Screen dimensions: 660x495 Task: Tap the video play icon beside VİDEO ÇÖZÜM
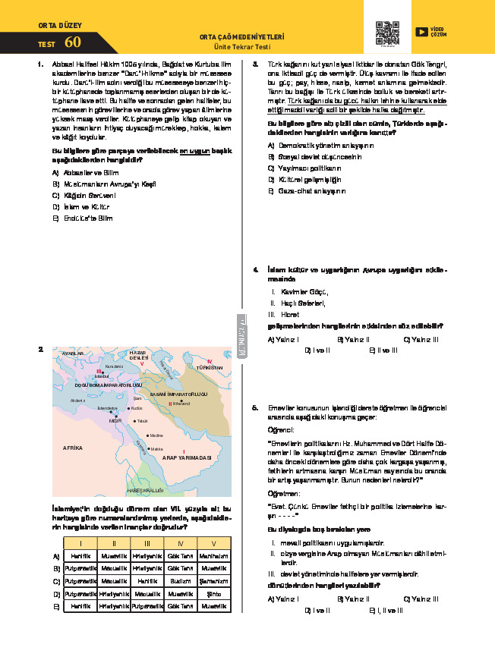[x=421, y=32]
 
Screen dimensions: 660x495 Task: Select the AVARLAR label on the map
[x=72, y=354]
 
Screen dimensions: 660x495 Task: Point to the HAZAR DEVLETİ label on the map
[x=138, y=356]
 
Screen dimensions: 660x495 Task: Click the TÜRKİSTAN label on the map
[x=209, y=366]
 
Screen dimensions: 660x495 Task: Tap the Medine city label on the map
[x=156, y=435]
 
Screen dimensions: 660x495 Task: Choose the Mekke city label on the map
[x=156, y=449]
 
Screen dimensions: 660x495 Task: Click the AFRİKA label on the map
[x=73, y=448]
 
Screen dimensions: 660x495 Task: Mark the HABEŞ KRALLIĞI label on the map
[x=144, y=491]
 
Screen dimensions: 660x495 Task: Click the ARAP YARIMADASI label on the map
[x=187, y=458]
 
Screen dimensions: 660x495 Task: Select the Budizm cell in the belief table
[x=180, y=580]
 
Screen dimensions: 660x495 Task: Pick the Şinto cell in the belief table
[x=214, y=593]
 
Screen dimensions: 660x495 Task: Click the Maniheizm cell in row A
[x=214, y=555]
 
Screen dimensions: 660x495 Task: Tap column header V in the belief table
[x=214, y=543]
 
